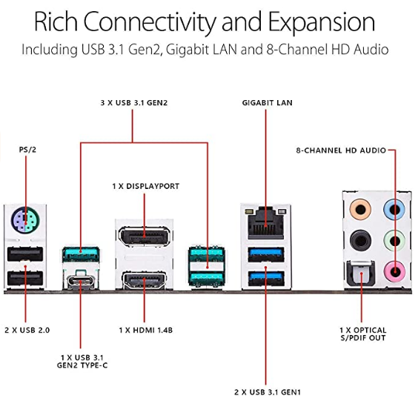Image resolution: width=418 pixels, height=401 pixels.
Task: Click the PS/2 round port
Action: [25, 220]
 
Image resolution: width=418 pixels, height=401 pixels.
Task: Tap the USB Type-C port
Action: [81, 281]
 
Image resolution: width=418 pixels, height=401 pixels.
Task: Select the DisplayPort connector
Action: [145, 236]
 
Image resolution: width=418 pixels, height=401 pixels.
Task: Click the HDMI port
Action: [145, 281]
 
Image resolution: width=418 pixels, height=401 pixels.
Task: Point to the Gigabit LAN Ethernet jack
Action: [266, 222]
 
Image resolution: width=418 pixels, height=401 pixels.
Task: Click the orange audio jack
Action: [360, 210]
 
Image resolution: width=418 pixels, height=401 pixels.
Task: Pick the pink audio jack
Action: [394, 272]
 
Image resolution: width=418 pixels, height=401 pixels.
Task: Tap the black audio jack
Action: [360, 241]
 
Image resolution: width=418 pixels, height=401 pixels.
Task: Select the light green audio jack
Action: [394, 241]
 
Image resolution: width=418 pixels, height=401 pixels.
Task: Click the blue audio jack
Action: [394, 210]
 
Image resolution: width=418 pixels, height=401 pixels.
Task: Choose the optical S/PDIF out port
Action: [361, 274]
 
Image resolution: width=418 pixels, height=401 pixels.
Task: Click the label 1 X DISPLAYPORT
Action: [146, 186]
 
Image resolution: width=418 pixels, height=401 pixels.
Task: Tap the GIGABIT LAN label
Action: [267, 102]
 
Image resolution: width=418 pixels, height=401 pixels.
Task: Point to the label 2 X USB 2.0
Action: [27, 330]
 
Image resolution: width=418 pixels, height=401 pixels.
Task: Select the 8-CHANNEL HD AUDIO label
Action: [341, 150]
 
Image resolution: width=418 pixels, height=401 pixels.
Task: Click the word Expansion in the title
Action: [322, 22]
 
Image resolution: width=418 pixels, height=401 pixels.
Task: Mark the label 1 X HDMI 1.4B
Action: [146, 330]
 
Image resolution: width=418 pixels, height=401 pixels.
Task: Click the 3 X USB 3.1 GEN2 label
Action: [134, 102]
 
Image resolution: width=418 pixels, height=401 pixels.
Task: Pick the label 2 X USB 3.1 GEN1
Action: [268, 392]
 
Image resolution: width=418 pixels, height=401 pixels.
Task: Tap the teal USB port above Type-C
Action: [81, 254]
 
